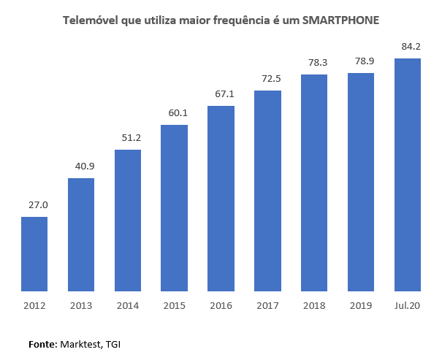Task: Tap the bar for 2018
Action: [314, 183]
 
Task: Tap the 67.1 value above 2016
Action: [221, 93]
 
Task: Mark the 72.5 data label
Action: [267, 77]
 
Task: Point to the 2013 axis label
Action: [81, 305]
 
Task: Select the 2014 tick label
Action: [128, 305]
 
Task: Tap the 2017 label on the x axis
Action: [267, 305]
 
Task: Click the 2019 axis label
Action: [361, 305]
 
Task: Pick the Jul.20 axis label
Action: [408, 305]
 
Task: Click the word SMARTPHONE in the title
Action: [340, 20]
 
